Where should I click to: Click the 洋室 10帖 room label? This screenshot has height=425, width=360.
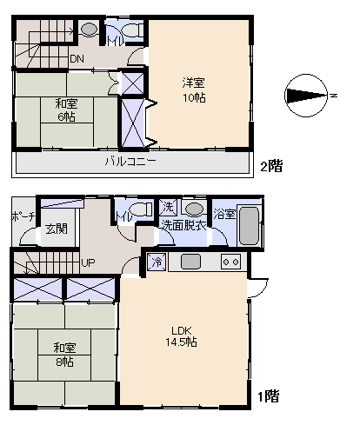[x=194, y=90]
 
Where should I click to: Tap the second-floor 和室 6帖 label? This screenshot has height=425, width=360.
[x=66, y=110]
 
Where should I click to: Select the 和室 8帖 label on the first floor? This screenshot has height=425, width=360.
[x=64, y=355]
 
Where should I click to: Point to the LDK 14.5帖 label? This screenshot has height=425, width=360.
[x=182, y=336]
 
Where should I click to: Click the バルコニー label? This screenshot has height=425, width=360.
[x=130, y=161]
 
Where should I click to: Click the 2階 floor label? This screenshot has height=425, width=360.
[x=271, y=166]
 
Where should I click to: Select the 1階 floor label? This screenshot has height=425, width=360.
[x=269, y=396]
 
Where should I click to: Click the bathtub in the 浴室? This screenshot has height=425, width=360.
[x=249, y=225]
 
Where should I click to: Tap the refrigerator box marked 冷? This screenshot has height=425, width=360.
[x=157, y=262]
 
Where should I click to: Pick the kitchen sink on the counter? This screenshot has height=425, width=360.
[x=190, y=262]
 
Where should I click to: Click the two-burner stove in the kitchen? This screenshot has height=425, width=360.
[x=231, y=262]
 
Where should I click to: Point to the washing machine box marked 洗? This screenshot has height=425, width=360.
[x=168, y=207]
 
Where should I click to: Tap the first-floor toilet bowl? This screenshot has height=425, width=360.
[x=140, y=209]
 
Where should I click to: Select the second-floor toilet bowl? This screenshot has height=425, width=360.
[x=132, y=30]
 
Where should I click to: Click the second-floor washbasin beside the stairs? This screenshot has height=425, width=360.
[x=89, y=29]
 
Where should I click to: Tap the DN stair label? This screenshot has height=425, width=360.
[x=77, y=59]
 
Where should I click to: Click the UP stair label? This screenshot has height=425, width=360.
[x=88, y=262]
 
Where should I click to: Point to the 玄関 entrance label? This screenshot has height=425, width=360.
[x=57, y=229]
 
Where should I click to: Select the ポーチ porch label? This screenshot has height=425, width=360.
[x=23, y=216]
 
